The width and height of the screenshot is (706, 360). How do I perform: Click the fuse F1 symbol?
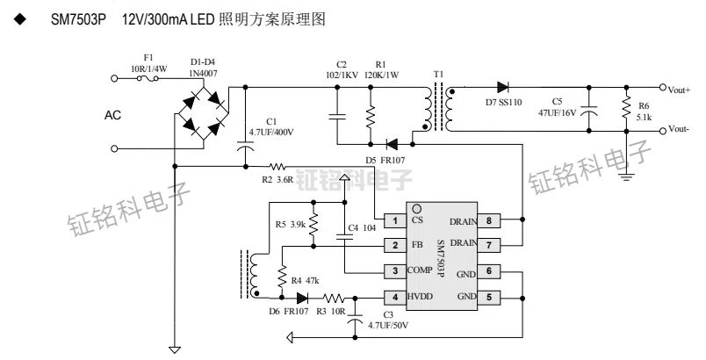(147, 77)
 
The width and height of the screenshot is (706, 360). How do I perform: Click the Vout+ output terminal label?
(679, 90)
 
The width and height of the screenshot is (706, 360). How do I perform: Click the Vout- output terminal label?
(678, 129)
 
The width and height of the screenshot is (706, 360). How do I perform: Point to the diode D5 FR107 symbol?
(392, 143)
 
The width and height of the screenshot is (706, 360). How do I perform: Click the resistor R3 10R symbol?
(336, 297)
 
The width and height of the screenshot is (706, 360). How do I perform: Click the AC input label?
(113, 115)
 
